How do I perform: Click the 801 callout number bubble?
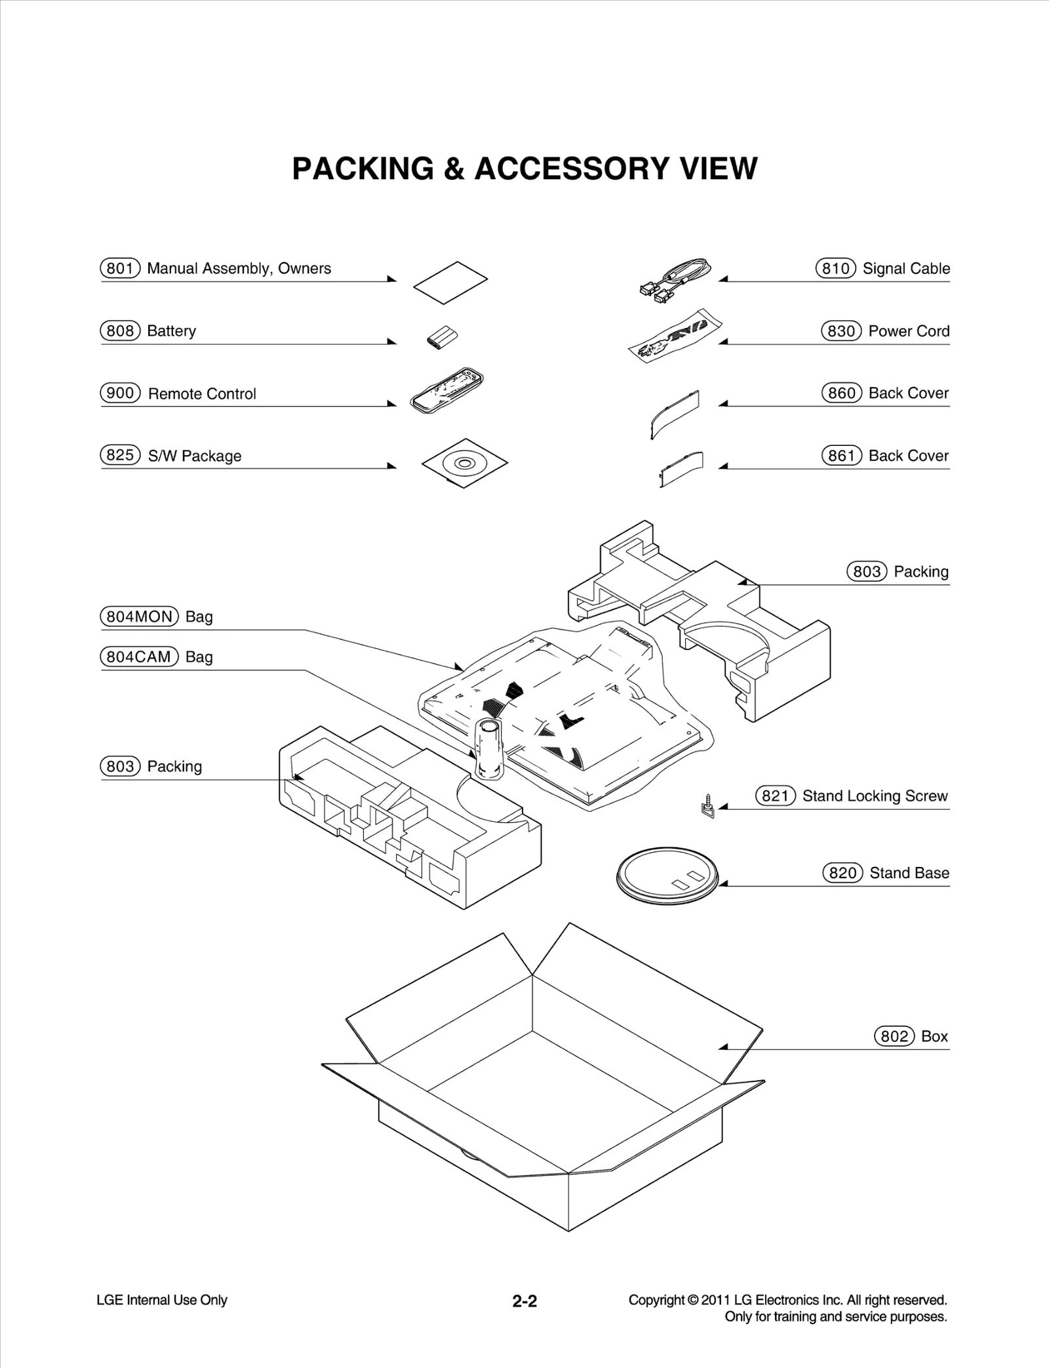120,268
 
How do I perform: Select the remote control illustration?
446,391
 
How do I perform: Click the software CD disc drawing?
464,463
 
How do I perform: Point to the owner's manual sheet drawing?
450,283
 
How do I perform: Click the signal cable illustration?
674,279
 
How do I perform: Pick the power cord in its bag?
674,334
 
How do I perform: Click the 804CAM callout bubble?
139,656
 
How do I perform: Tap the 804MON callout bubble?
139,616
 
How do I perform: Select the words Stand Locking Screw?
875,795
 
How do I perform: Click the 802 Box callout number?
894,1036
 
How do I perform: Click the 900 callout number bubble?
120,393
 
